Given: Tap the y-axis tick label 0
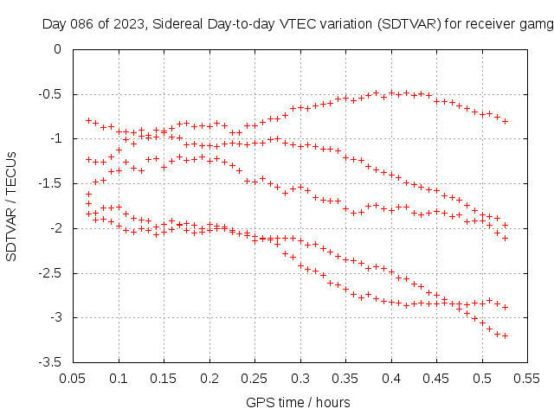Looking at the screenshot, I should [57, 49].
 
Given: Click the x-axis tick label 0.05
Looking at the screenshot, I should [74, 378].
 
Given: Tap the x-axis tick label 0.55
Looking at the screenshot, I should [527, 378].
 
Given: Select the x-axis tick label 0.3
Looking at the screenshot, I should [300, 378].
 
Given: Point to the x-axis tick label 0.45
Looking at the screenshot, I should [436, 378].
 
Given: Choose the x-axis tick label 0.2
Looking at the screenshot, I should [209, 378].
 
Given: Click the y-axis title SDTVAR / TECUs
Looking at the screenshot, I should [12, 206].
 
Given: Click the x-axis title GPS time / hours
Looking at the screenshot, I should [298, 402].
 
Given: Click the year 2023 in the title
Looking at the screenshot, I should [127, 24].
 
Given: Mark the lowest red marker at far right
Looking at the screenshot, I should [505, 335].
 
